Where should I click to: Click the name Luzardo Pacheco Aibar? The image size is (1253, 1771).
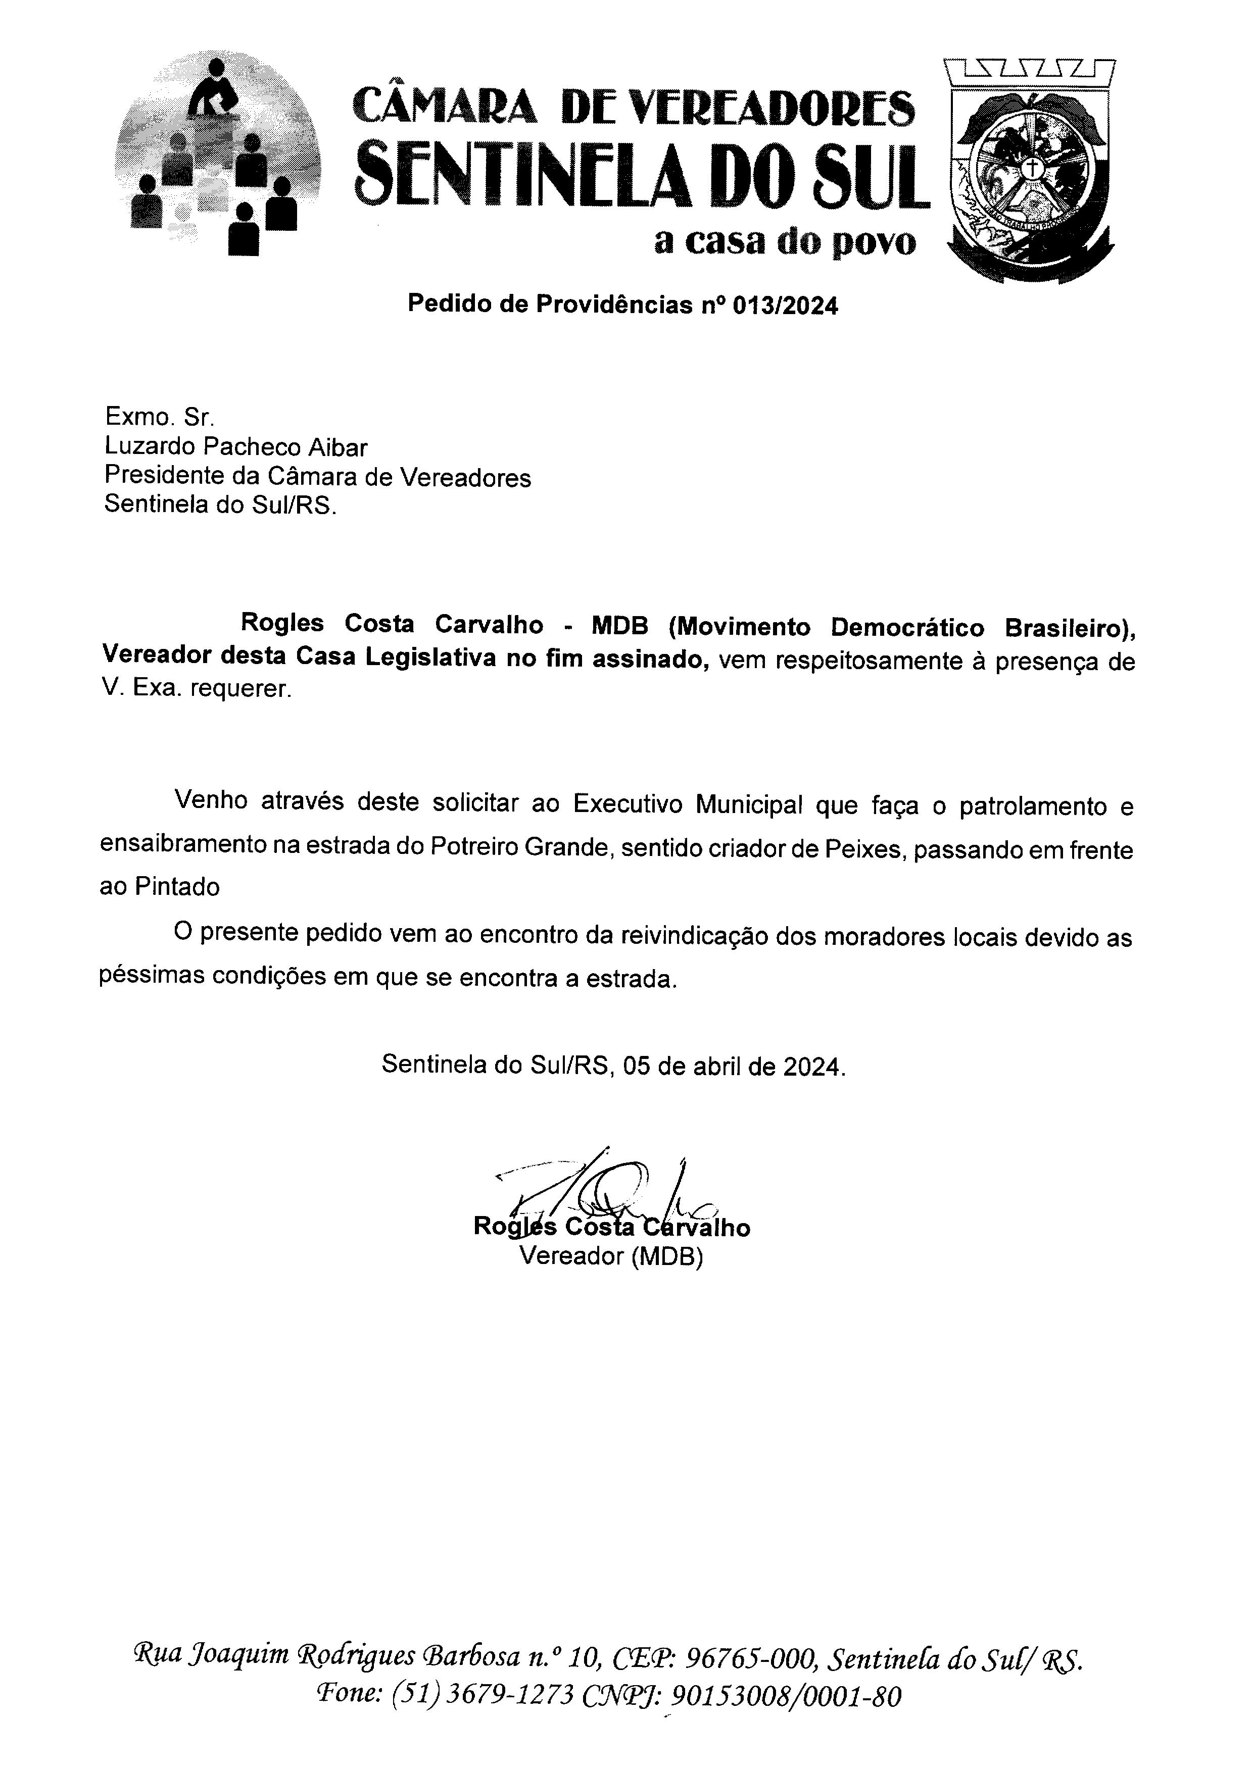click(x=236, y=447)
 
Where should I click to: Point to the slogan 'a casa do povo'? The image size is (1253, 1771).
click(x=785, y=241)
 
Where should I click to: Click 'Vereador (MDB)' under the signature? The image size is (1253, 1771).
click(x=611, y=1256)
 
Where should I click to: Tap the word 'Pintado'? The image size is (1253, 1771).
click(x=177, y=887)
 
